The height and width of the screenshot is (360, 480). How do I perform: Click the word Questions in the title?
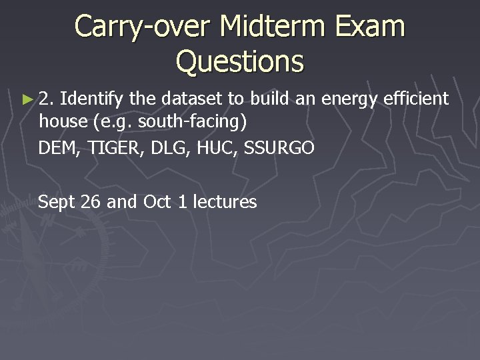point(239,61)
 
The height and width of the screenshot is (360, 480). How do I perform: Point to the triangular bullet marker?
point(27,100)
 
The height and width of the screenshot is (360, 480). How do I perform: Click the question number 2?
point(46,99)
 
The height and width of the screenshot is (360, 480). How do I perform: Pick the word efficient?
point(416,99)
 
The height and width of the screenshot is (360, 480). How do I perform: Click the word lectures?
point(224,202)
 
